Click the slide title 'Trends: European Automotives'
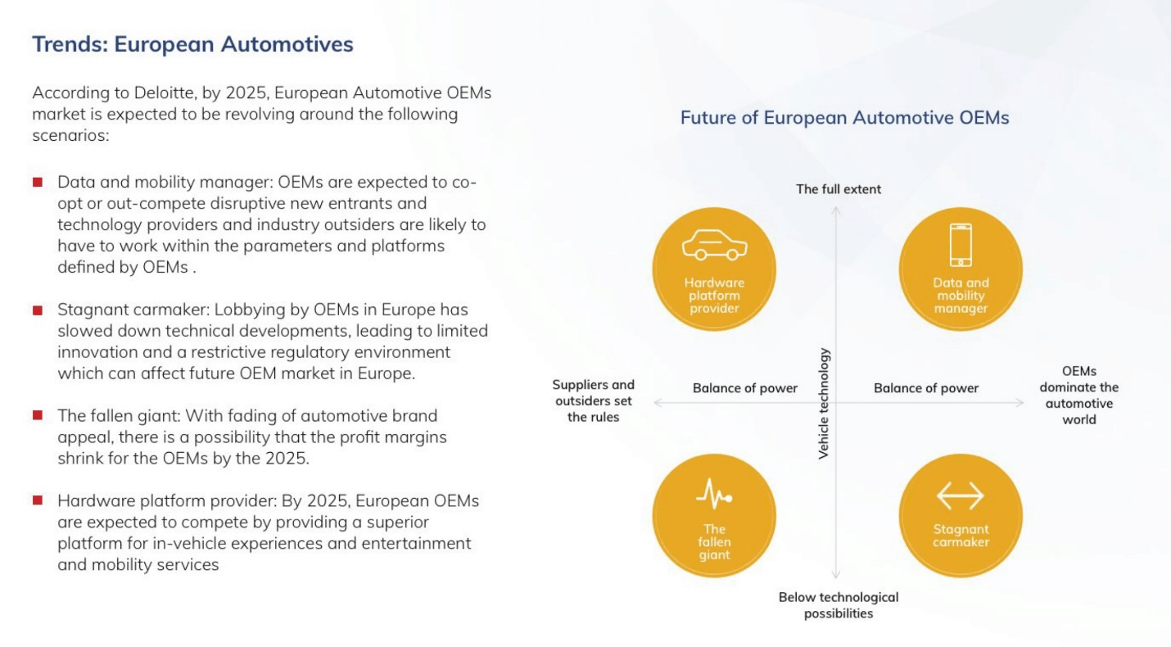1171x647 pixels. point(192,44)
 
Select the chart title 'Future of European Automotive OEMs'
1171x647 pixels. point(844,118)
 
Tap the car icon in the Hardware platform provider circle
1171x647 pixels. point(715,245)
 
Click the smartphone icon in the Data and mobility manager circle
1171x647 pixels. point(961,245)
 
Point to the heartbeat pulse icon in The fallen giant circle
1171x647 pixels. point(714,494)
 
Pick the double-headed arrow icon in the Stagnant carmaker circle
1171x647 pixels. point(961,495)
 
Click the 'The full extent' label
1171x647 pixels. point(839,189)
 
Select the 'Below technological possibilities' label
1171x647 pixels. point(839,605)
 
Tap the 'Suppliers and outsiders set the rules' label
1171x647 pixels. point(594,400)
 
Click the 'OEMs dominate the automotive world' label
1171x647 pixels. point(1079,396)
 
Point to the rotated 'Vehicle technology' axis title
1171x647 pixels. point(824,404)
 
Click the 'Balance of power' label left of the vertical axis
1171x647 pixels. point(745,388)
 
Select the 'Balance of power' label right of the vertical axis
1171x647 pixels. point(926,388)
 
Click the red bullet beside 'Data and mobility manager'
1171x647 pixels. point(38,182)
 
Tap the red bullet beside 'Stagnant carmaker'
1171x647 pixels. point(38,310)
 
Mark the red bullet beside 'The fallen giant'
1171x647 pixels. point(38,415)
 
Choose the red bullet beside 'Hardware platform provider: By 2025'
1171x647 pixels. point(38,500)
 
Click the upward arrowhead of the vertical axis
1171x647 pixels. point(836,210)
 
